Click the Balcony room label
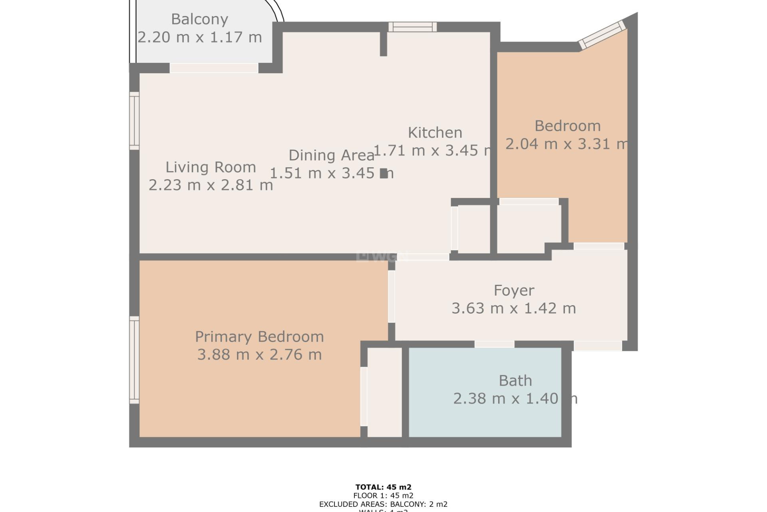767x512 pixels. pyautogui.click(x=199, y=19)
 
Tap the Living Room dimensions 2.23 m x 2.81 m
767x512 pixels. pyautogui.click(x=211, y=185)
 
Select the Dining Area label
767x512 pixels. pyautogui.click(x=331, y=155)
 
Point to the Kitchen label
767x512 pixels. pyautogui.click(x=435, y=132)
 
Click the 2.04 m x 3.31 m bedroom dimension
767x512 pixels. pyautogui.click(x=566, y=144)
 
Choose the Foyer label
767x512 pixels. pyautogui.click(x=514, y=290)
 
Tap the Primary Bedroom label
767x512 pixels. pyautogui.click(x=259, y=337)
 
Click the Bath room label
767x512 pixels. pyautogui.click(x=515, y=381)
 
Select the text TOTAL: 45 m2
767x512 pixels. pyautogui.click(x=383, y=487)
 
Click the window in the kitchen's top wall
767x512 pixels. pyautogui.click(x=413, y=27)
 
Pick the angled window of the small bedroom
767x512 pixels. pyautogui.click(x=602, y=35)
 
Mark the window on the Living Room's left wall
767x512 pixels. pyautogui.click(x=134, y=121)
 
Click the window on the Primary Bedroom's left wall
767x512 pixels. pyautogui.click(x=134, y=360)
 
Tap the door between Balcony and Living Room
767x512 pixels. pyautogui.click(x=214, y=68)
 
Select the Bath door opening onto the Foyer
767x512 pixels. pyautogui.click(x=494, y=344)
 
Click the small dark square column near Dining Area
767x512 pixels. pyautogui.click(x=383, y=173)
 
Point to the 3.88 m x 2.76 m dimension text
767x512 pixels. pyautogui.click(x=259, y=355)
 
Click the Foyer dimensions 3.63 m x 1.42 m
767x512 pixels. pyautogui.click(x=514, y=308)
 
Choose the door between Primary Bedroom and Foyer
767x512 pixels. pyautogui.click(x=391, y=296)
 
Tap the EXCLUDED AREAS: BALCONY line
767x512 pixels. pyautogui.click(x=383, y=504)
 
